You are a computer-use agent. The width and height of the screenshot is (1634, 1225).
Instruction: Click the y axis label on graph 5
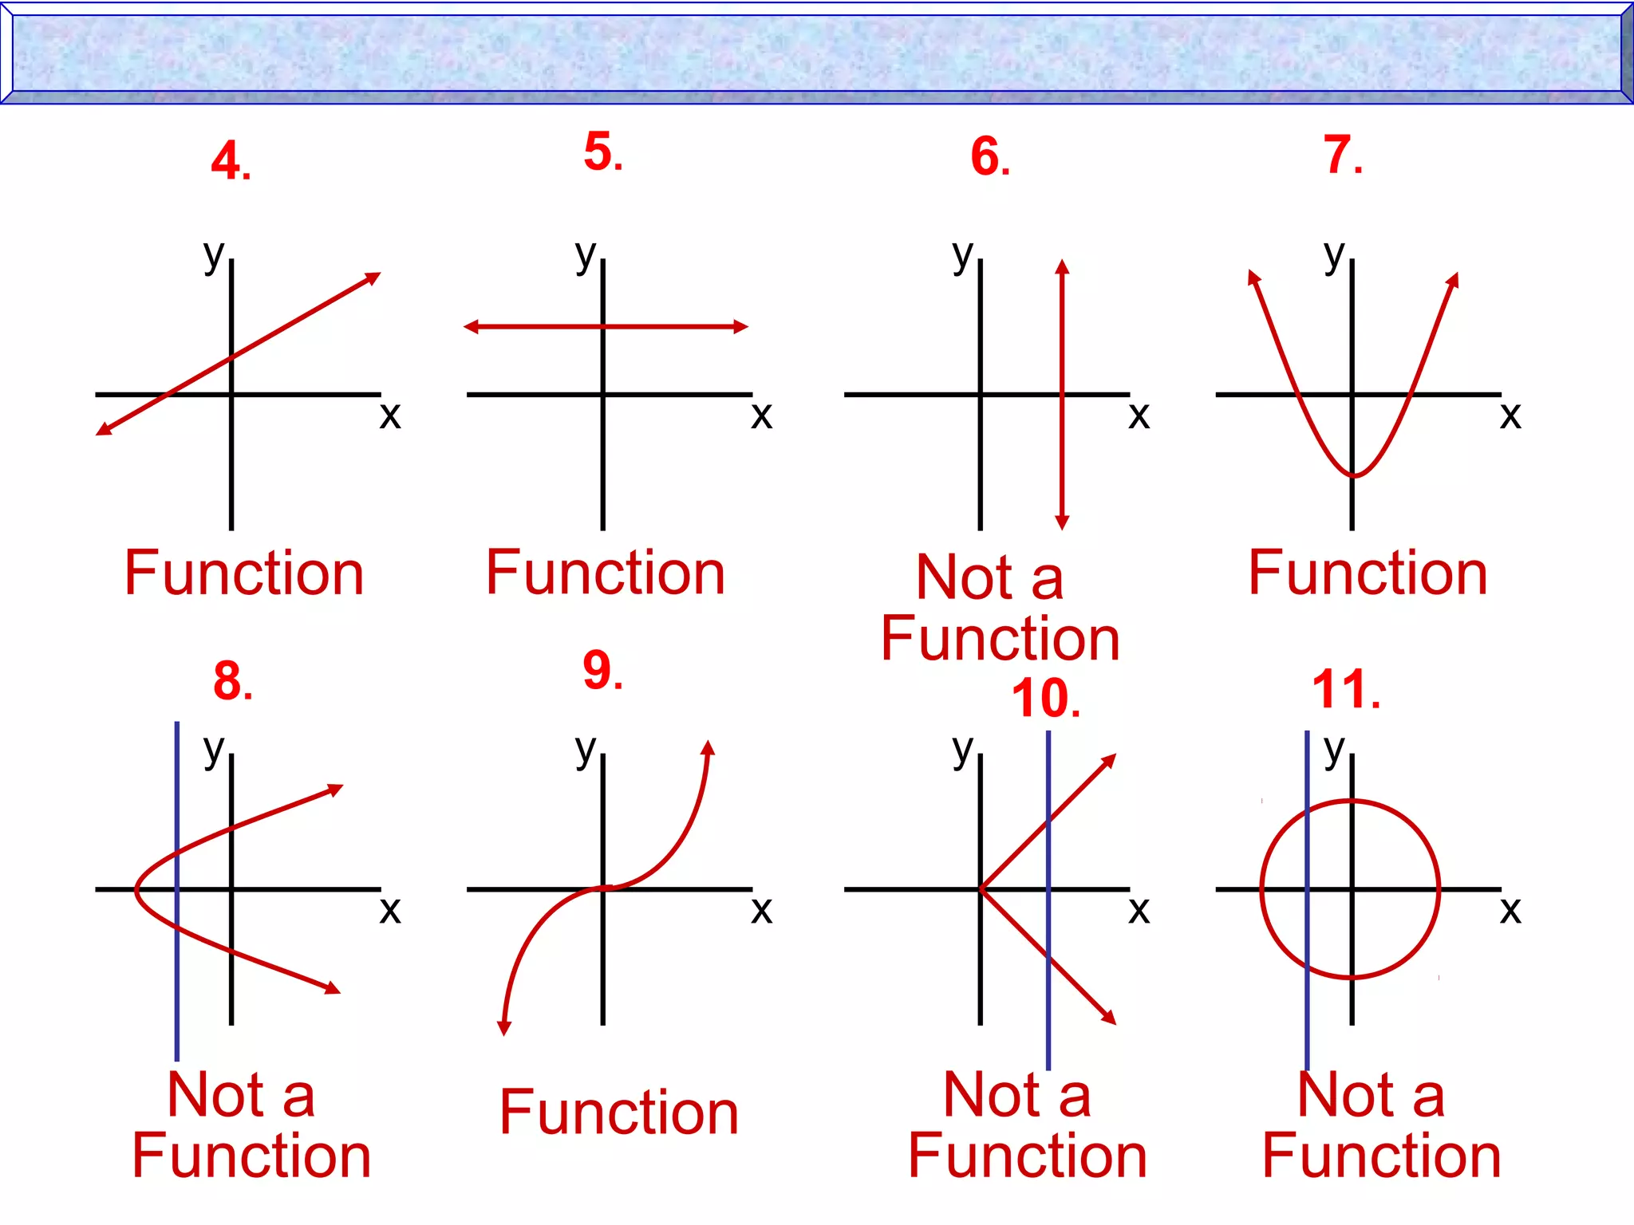(586, 255)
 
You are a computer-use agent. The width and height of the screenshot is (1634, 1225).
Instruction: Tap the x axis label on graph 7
(1510, 415)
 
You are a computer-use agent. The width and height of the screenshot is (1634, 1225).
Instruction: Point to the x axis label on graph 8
(389, 909)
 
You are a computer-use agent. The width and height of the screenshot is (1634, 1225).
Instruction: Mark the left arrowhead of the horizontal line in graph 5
(471, 326)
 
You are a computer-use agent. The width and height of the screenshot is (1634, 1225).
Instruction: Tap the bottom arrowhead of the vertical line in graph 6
(1062, 523)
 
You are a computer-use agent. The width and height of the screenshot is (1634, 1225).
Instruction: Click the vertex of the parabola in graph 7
(1353, 476)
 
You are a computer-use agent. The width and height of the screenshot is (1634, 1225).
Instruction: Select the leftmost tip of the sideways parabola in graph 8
(136, 888)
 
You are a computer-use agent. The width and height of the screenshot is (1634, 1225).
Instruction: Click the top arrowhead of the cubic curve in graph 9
(708, 747)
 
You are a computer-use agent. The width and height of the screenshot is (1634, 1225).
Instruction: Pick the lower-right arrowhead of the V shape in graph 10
(1109, 1018)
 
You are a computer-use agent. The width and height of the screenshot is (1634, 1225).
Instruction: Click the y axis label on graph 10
(963, 750)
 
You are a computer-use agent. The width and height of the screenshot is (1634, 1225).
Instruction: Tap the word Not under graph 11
(1345, 1095)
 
